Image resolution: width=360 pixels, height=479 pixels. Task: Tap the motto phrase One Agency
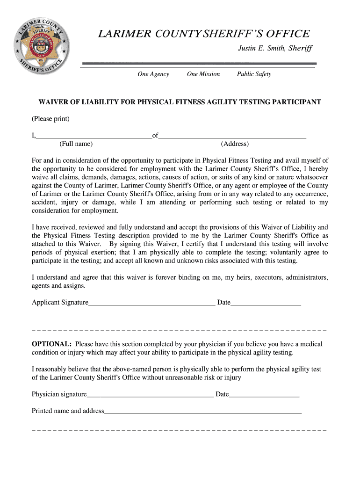point(153,74)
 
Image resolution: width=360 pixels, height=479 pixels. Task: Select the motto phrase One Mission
point(203,74)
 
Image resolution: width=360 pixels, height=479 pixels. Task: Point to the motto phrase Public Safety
point(254,74)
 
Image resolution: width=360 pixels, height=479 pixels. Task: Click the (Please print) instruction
point(50,119)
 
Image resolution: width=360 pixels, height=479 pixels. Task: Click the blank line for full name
point(94,136)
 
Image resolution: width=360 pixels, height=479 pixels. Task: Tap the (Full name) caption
point(76,144)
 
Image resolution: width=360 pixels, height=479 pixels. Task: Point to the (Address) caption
point(235,144)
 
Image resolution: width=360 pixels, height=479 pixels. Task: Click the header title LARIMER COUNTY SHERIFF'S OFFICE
point(203,34)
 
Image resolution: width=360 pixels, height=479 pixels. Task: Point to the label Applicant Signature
point(60,303)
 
